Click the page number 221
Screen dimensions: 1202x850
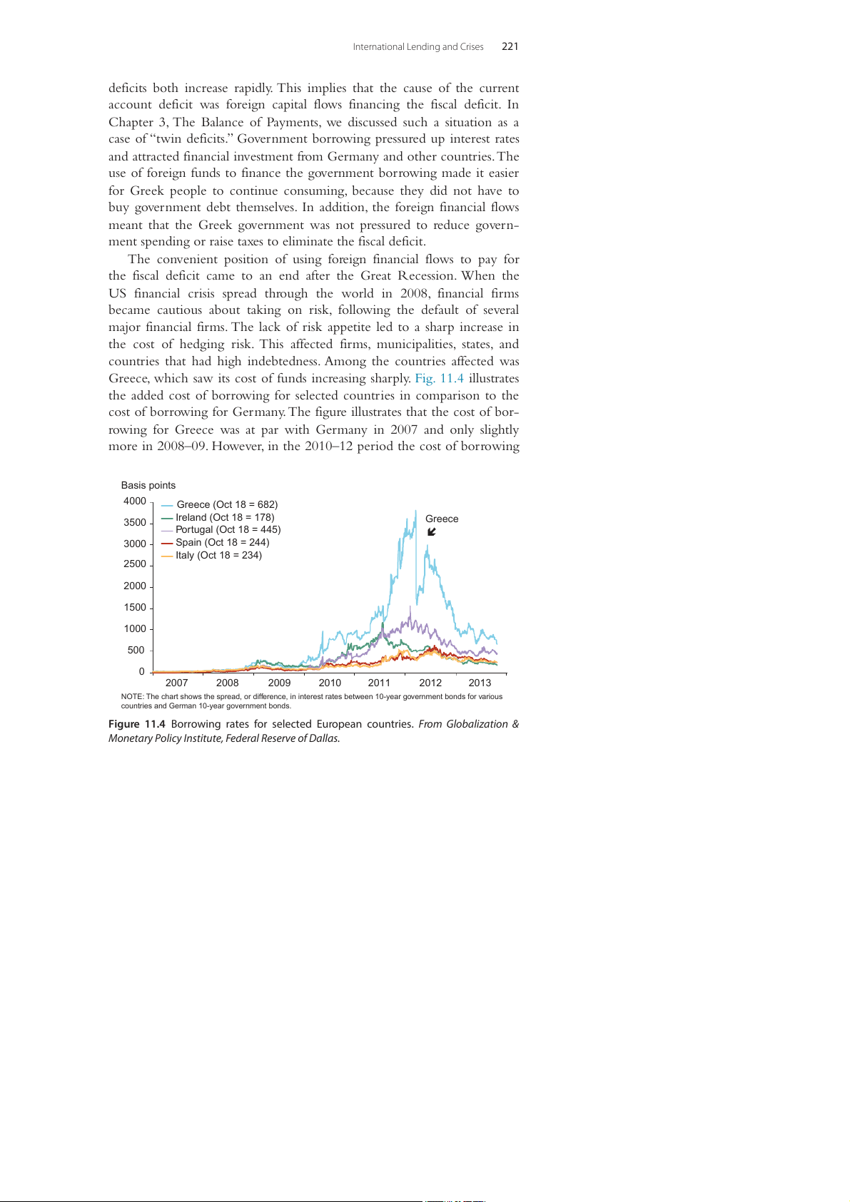click(x=510, y=46)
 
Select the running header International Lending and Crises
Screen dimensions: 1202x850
click(x=418, y=47)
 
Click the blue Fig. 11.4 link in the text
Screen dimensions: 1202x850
click(x=439, y=378)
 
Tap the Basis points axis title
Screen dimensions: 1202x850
click(x=148, y=485)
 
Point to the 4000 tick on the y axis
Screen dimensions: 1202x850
click(x=135, y=501)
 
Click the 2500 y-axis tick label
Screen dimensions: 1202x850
click(x=135, y=564)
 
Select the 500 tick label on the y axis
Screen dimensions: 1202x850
click(x=136, y=650)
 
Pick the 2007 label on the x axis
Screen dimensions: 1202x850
click(x=176, y=683)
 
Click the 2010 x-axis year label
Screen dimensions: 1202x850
click(x=330, y=683)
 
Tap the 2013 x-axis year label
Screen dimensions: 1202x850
click(x=480, y=683)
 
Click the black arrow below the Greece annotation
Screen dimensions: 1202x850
click(x=431, y=532)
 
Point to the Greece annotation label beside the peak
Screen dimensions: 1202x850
click(x=442, y=519)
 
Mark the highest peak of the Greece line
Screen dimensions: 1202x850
click(x=415, y=511)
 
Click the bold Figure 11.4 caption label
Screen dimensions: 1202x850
click(x=136, y=724)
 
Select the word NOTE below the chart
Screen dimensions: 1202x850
click(x=132, y=696)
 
